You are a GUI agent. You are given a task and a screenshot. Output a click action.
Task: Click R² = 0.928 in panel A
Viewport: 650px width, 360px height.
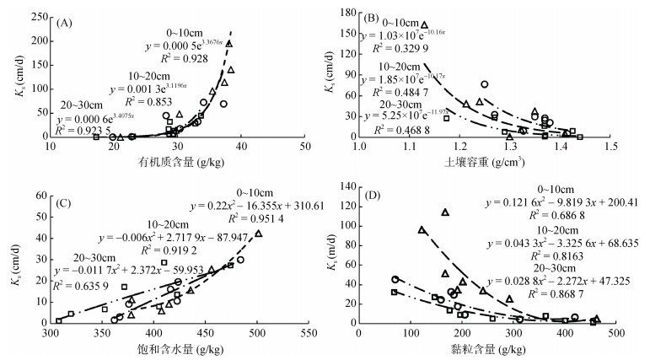[191, 55]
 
